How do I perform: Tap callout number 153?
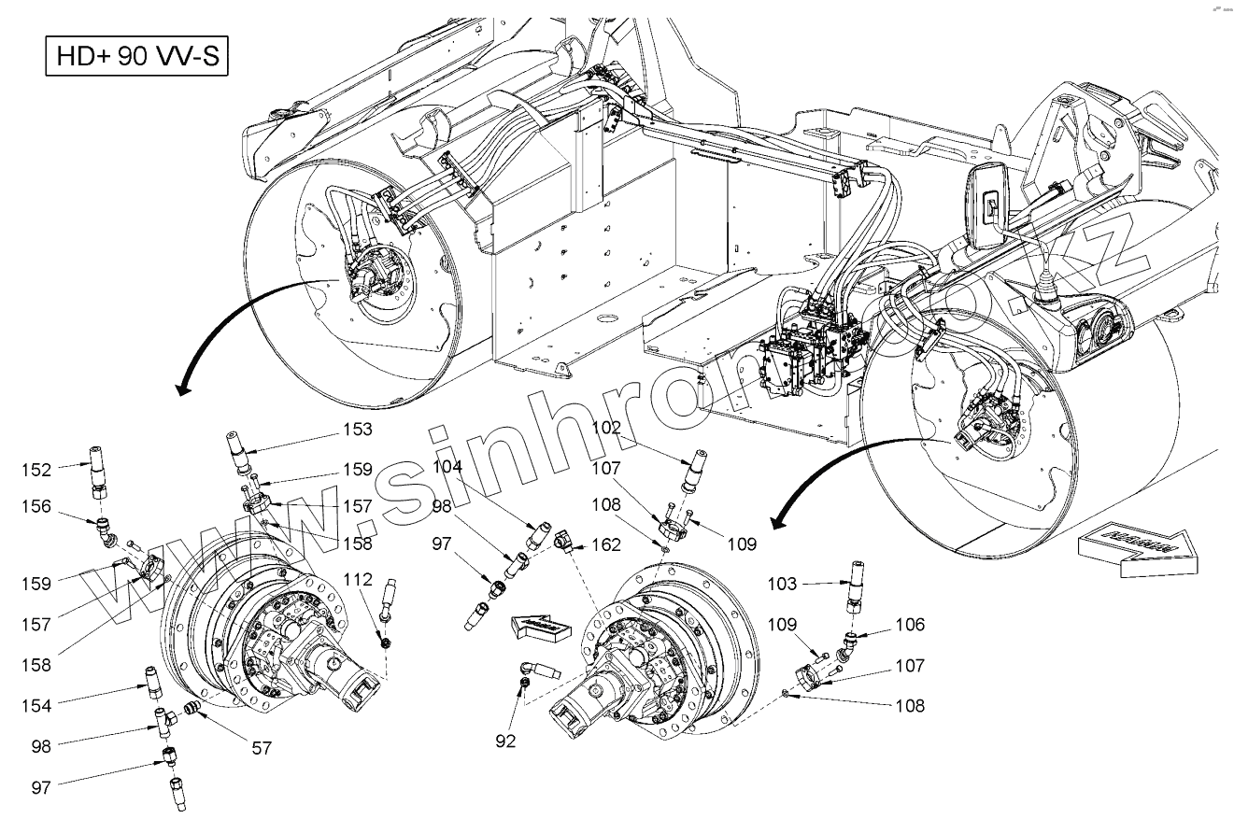(x=357, y=430)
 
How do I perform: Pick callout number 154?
(x=38, y=705)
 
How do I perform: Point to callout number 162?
(x=606, y=544)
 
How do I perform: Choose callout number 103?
(x=782, y=584)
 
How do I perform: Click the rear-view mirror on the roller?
(x=986, y=203)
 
